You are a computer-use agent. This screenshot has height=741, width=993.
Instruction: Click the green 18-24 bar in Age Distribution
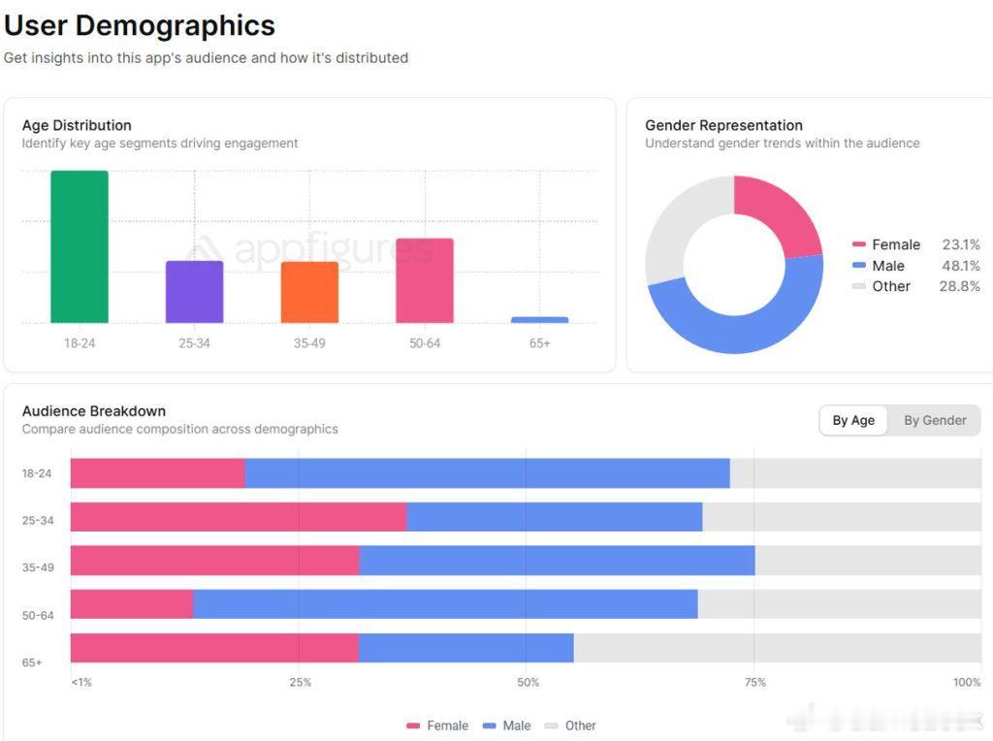click(80, 246)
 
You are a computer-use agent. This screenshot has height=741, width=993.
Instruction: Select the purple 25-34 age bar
click(194, 291)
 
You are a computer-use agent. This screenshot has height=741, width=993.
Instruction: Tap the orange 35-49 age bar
click(309, 292)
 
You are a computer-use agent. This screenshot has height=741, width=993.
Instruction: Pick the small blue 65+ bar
click(539, 319)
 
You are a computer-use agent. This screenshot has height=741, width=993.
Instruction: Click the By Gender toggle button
click(935, 420)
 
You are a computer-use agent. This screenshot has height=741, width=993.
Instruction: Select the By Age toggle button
click(853, 420)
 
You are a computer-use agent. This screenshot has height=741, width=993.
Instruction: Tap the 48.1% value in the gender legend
click(960, 266)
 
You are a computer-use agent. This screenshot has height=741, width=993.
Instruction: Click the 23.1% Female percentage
click(960, 244)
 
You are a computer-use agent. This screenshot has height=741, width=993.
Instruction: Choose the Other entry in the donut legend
click(890, 286)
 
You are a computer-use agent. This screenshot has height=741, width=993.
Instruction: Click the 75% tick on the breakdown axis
click(754, 682)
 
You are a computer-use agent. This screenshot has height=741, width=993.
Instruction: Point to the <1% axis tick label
click(81, 682)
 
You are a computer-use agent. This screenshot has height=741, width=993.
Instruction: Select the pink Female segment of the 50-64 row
click(132, 604)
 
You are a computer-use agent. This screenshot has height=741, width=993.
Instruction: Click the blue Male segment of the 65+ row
click(465, 648)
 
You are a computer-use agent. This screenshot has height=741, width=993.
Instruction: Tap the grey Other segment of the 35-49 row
click(868, 561)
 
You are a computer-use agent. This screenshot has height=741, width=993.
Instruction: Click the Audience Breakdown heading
click(94, 411)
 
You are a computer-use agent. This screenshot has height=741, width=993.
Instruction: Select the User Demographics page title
click(140, 25)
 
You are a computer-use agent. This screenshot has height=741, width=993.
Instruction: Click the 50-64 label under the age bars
click(424, 343)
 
